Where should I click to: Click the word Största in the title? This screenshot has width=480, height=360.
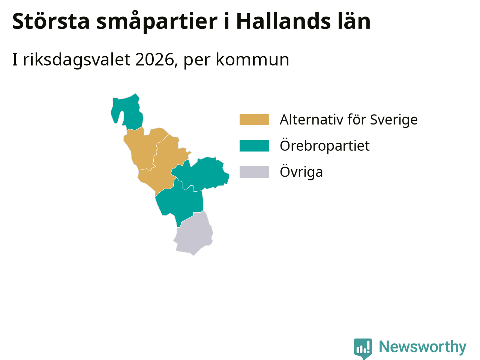[51, 21]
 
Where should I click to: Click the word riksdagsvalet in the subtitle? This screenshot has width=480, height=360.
[77, 60]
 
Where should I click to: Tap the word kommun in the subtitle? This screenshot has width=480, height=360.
[253, 60]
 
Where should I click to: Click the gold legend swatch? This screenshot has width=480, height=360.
[254, 120]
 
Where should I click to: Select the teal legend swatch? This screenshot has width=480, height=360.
[254, 146]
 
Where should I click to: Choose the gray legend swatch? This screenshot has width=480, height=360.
[254, 172]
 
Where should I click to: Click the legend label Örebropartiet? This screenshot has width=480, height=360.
[325, 146]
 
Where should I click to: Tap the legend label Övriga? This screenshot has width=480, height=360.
[301, 172]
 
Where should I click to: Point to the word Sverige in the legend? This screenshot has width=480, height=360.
[394, 120]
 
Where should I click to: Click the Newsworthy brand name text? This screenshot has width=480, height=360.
[423, 347]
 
